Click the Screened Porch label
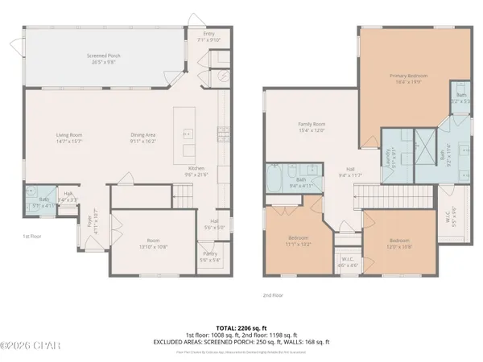[x=103, y=57]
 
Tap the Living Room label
[x=69, y=137]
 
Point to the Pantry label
[x=209, y=257]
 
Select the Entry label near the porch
[x=208, y=35]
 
